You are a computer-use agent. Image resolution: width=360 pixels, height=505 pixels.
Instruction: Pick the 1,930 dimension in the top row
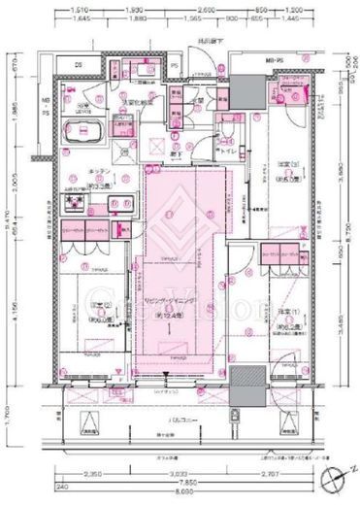tap(138, 8)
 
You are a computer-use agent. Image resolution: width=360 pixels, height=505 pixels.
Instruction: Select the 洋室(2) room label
tap(75, 311)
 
